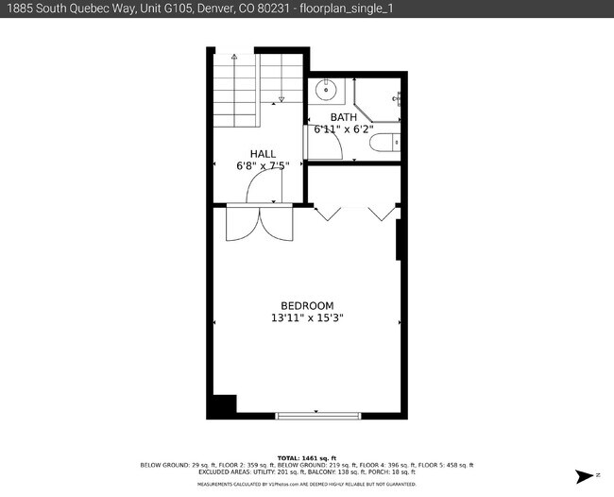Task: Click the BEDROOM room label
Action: click(307, 305)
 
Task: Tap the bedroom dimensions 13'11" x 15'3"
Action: click(307, 318)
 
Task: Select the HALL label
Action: click(263, 153)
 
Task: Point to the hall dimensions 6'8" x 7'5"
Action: click(263, 166)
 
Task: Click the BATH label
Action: click(344, 117)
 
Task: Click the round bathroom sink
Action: click(326, 92)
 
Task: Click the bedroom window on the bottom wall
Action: click(318, 415)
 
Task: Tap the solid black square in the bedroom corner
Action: click(222, 405)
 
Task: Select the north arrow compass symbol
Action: click(588, 474)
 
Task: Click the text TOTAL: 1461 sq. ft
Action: click(307, 457)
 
